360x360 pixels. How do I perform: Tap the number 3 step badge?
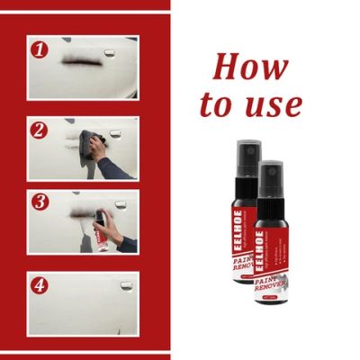pos(38,202)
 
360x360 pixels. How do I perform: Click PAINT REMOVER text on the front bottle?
pos(269,261)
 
